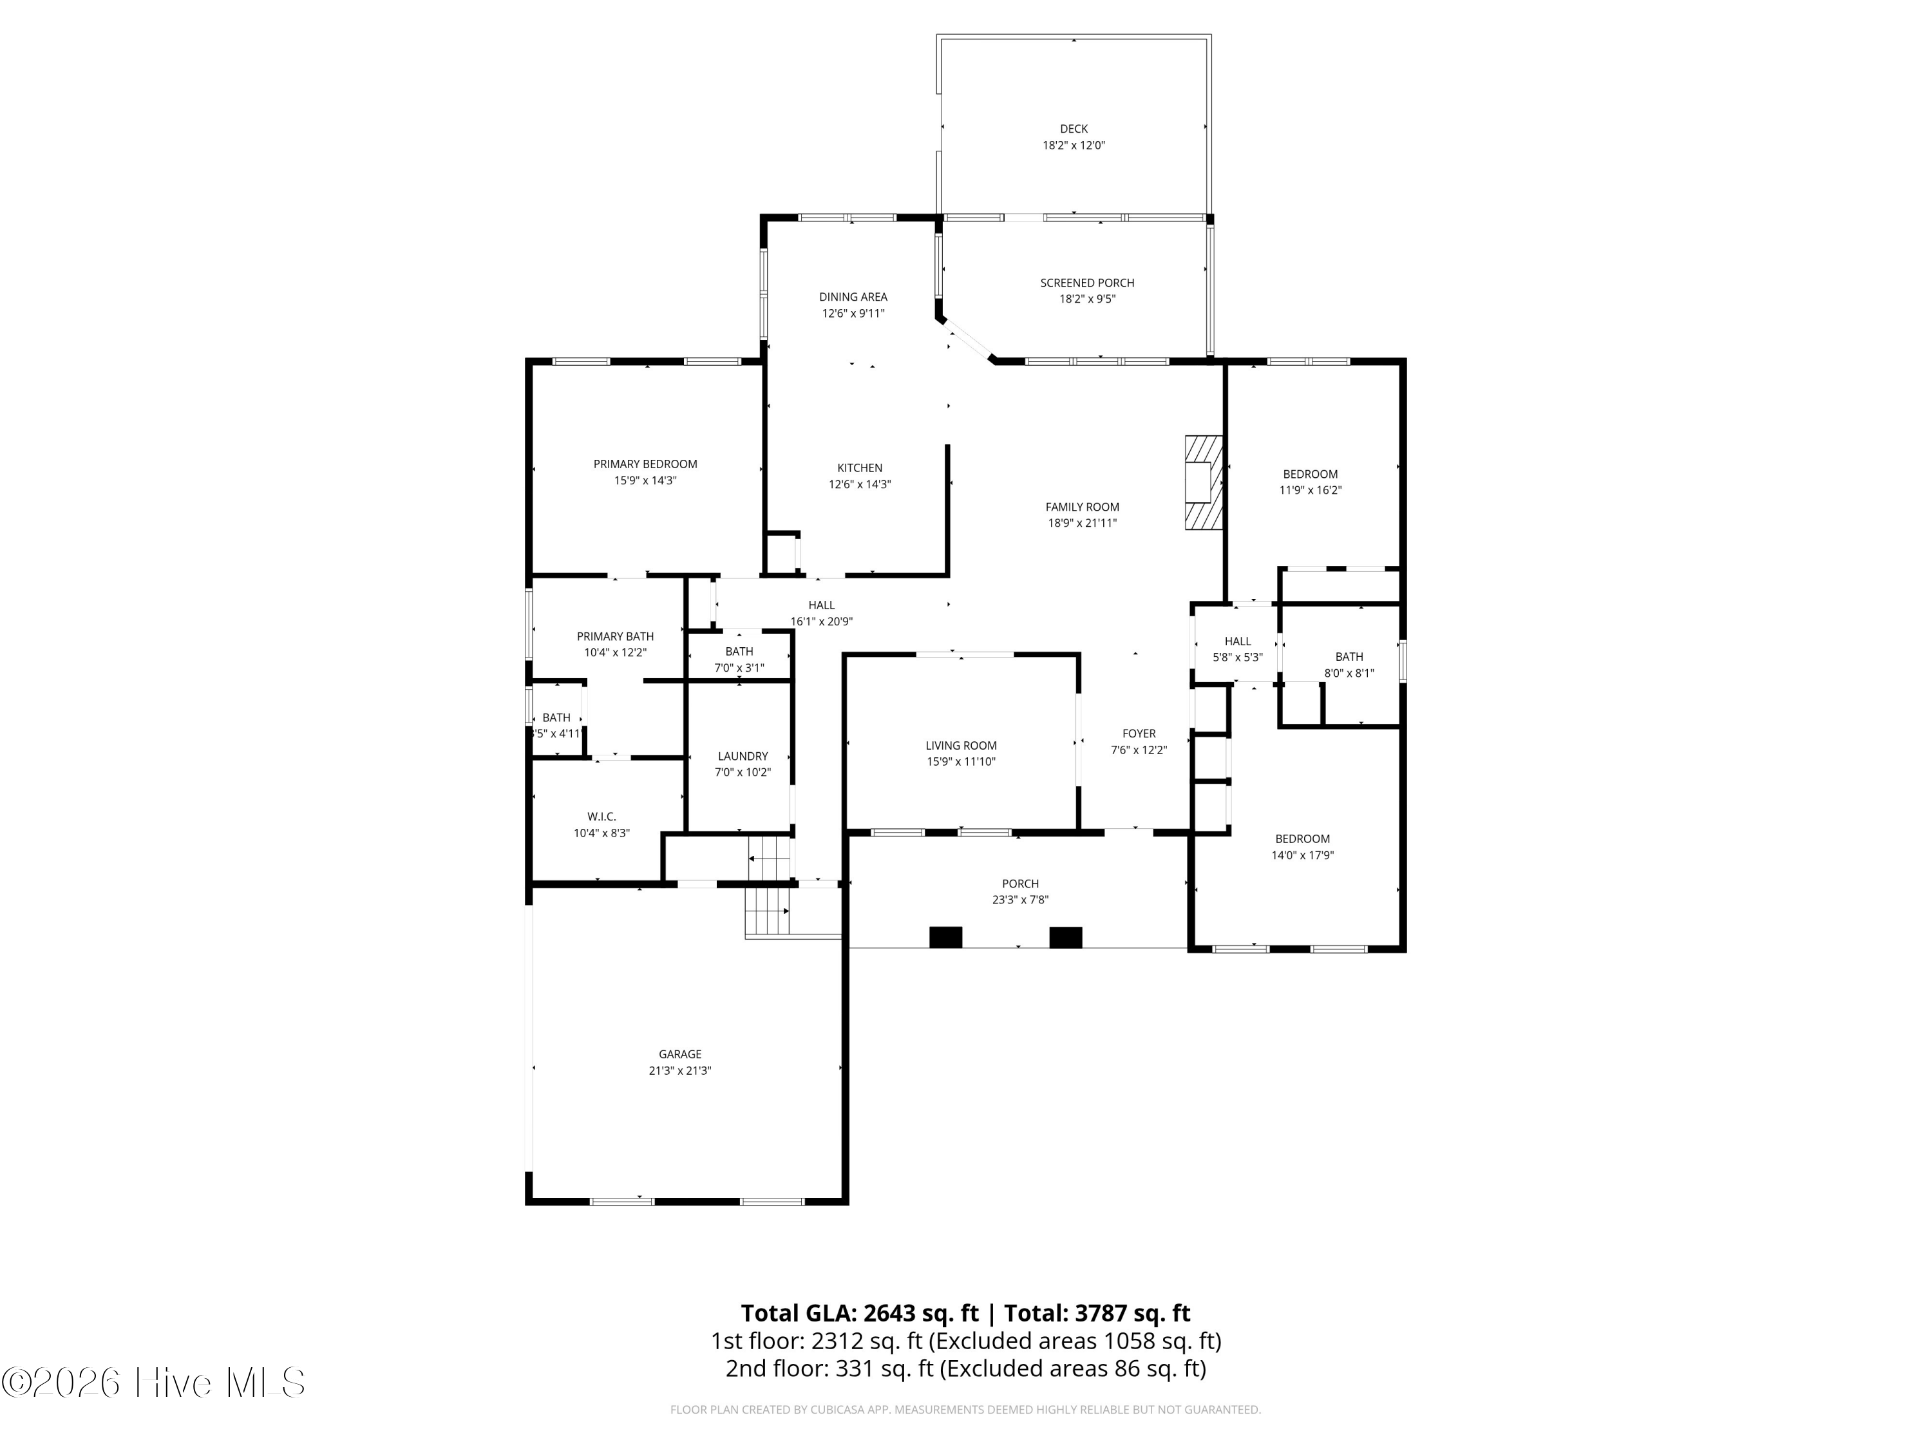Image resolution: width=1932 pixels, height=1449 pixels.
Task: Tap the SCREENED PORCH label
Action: [x=1086, y=283]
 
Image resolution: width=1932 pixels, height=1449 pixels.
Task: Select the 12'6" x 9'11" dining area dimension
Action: [x=853, y=314]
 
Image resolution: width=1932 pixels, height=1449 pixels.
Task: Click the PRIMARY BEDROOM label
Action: [x=645, y=464]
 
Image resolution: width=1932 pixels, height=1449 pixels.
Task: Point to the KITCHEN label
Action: [x=860, y=468]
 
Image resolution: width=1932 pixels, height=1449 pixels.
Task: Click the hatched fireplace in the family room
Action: [x=1203, y=482]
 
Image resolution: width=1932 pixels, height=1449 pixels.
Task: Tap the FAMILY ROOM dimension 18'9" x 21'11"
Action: [x=1082, y=523]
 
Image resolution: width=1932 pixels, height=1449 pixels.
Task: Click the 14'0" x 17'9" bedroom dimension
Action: [x=1302, y=855]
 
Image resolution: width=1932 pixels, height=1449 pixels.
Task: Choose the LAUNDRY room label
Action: [x=743, y=757]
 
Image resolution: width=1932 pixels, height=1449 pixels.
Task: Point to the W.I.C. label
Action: [x=601, y=817]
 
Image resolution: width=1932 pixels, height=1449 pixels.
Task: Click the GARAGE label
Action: [x=679, y=1054]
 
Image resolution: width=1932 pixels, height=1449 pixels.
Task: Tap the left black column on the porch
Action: [x=945, y=937]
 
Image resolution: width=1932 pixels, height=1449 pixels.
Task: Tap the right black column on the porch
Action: [x=1066, y=937]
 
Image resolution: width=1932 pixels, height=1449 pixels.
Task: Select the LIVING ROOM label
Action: [x=961, y=746]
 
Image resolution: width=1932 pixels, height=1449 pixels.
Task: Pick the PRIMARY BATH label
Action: [x=615, y=637]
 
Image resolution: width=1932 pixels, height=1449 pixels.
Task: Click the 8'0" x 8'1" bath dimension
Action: [x=1349, y=674]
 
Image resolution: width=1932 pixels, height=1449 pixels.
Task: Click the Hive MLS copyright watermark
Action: [x=154, y=1383]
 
